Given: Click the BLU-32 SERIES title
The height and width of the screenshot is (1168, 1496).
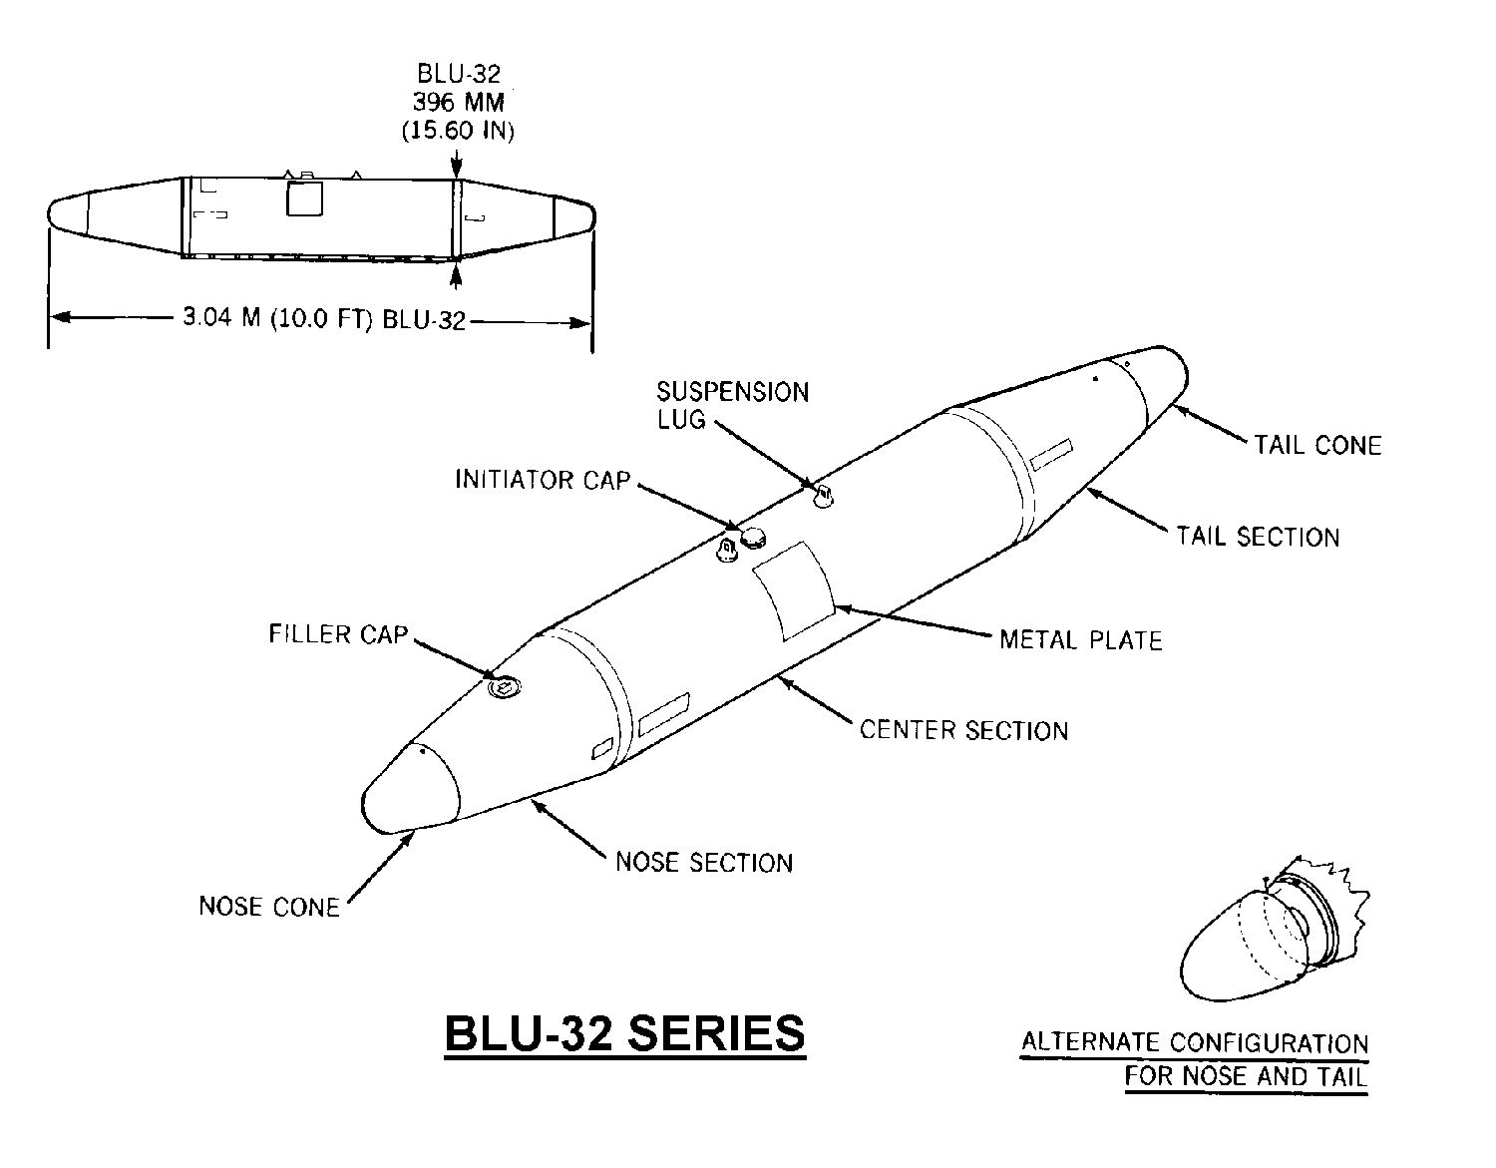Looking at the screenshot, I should tap(624, 1033).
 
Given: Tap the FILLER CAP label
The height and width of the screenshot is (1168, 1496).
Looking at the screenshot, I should tap(338, 634).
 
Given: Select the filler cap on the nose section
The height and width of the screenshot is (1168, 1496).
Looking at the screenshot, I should tap(505, 686).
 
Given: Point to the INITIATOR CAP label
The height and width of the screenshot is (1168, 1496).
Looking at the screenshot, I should tap(543, 480).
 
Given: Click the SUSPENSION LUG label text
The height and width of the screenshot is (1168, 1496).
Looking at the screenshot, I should tap(732, 405).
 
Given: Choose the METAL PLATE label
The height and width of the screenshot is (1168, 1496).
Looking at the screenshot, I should tap(1081, 639).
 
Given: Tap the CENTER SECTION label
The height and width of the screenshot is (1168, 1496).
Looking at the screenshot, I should tap(963, 730).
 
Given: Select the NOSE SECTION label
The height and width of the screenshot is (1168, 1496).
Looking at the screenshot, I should tap(704, 862).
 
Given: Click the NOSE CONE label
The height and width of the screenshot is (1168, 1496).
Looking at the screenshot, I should tap(269, 907).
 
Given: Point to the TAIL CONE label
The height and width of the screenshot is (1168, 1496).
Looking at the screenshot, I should tap(1317, 445).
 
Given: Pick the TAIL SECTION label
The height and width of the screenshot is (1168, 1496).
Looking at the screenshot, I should tap(1258, 537).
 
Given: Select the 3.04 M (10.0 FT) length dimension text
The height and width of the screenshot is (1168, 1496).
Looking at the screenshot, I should tap(324, 319).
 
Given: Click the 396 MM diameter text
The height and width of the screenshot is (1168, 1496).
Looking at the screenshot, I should tap(458, 102).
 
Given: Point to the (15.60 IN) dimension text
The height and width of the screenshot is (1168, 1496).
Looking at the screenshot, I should tap(458, 130).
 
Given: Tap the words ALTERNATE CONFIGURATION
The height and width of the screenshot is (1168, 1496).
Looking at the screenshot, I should tap(1195, 1043).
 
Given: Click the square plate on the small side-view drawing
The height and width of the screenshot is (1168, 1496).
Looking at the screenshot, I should tap(305, 198).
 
